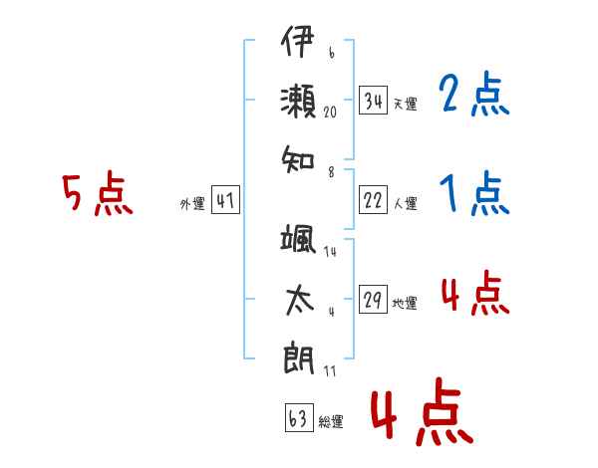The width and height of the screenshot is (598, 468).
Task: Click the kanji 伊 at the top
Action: pyautogui.click(x=297, y=41)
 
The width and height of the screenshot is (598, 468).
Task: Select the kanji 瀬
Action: pyautogui.click(x=298, y=102)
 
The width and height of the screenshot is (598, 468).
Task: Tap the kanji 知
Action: pyautogui.click(x=298, y=159)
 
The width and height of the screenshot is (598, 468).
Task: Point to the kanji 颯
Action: pyautogui.click(x=298, y=239)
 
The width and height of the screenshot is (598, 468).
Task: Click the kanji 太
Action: pyautogui.click(x=299, y=301)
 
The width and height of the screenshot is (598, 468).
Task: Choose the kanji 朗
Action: pyautogui.click(x=299, y=359)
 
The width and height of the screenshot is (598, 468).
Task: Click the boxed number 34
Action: pyautogui.click(x=373, y=100)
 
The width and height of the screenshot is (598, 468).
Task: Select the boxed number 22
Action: pyautogui.click(x=373, y=199)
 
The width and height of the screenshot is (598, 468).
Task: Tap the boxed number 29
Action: pyautogui.click(x=373, y=299)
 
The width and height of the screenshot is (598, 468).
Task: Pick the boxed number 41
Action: pyautogui.click(x=225, y=199)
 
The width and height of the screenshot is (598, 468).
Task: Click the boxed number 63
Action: pyautogui.click(x=299, y=417)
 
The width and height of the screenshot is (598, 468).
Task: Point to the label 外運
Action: pyautogui.click(x=192, y=203)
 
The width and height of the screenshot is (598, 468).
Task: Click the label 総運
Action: pyautogui.click(x=331, y=421)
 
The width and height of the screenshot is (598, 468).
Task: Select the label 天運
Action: pyautogui.click(x=405, y=104)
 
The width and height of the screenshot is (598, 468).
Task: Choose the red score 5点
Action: pyautogui.click(x=98, y=193)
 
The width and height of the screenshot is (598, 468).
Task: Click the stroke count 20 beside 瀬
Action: pyautogui.click(x=330, y=113)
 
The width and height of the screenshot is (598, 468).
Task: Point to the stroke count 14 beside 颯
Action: pyautogui.click(x=330, y=251)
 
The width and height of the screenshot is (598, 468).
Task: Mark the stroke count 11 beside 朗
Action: pyautogui.click(x=330, y=370)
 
